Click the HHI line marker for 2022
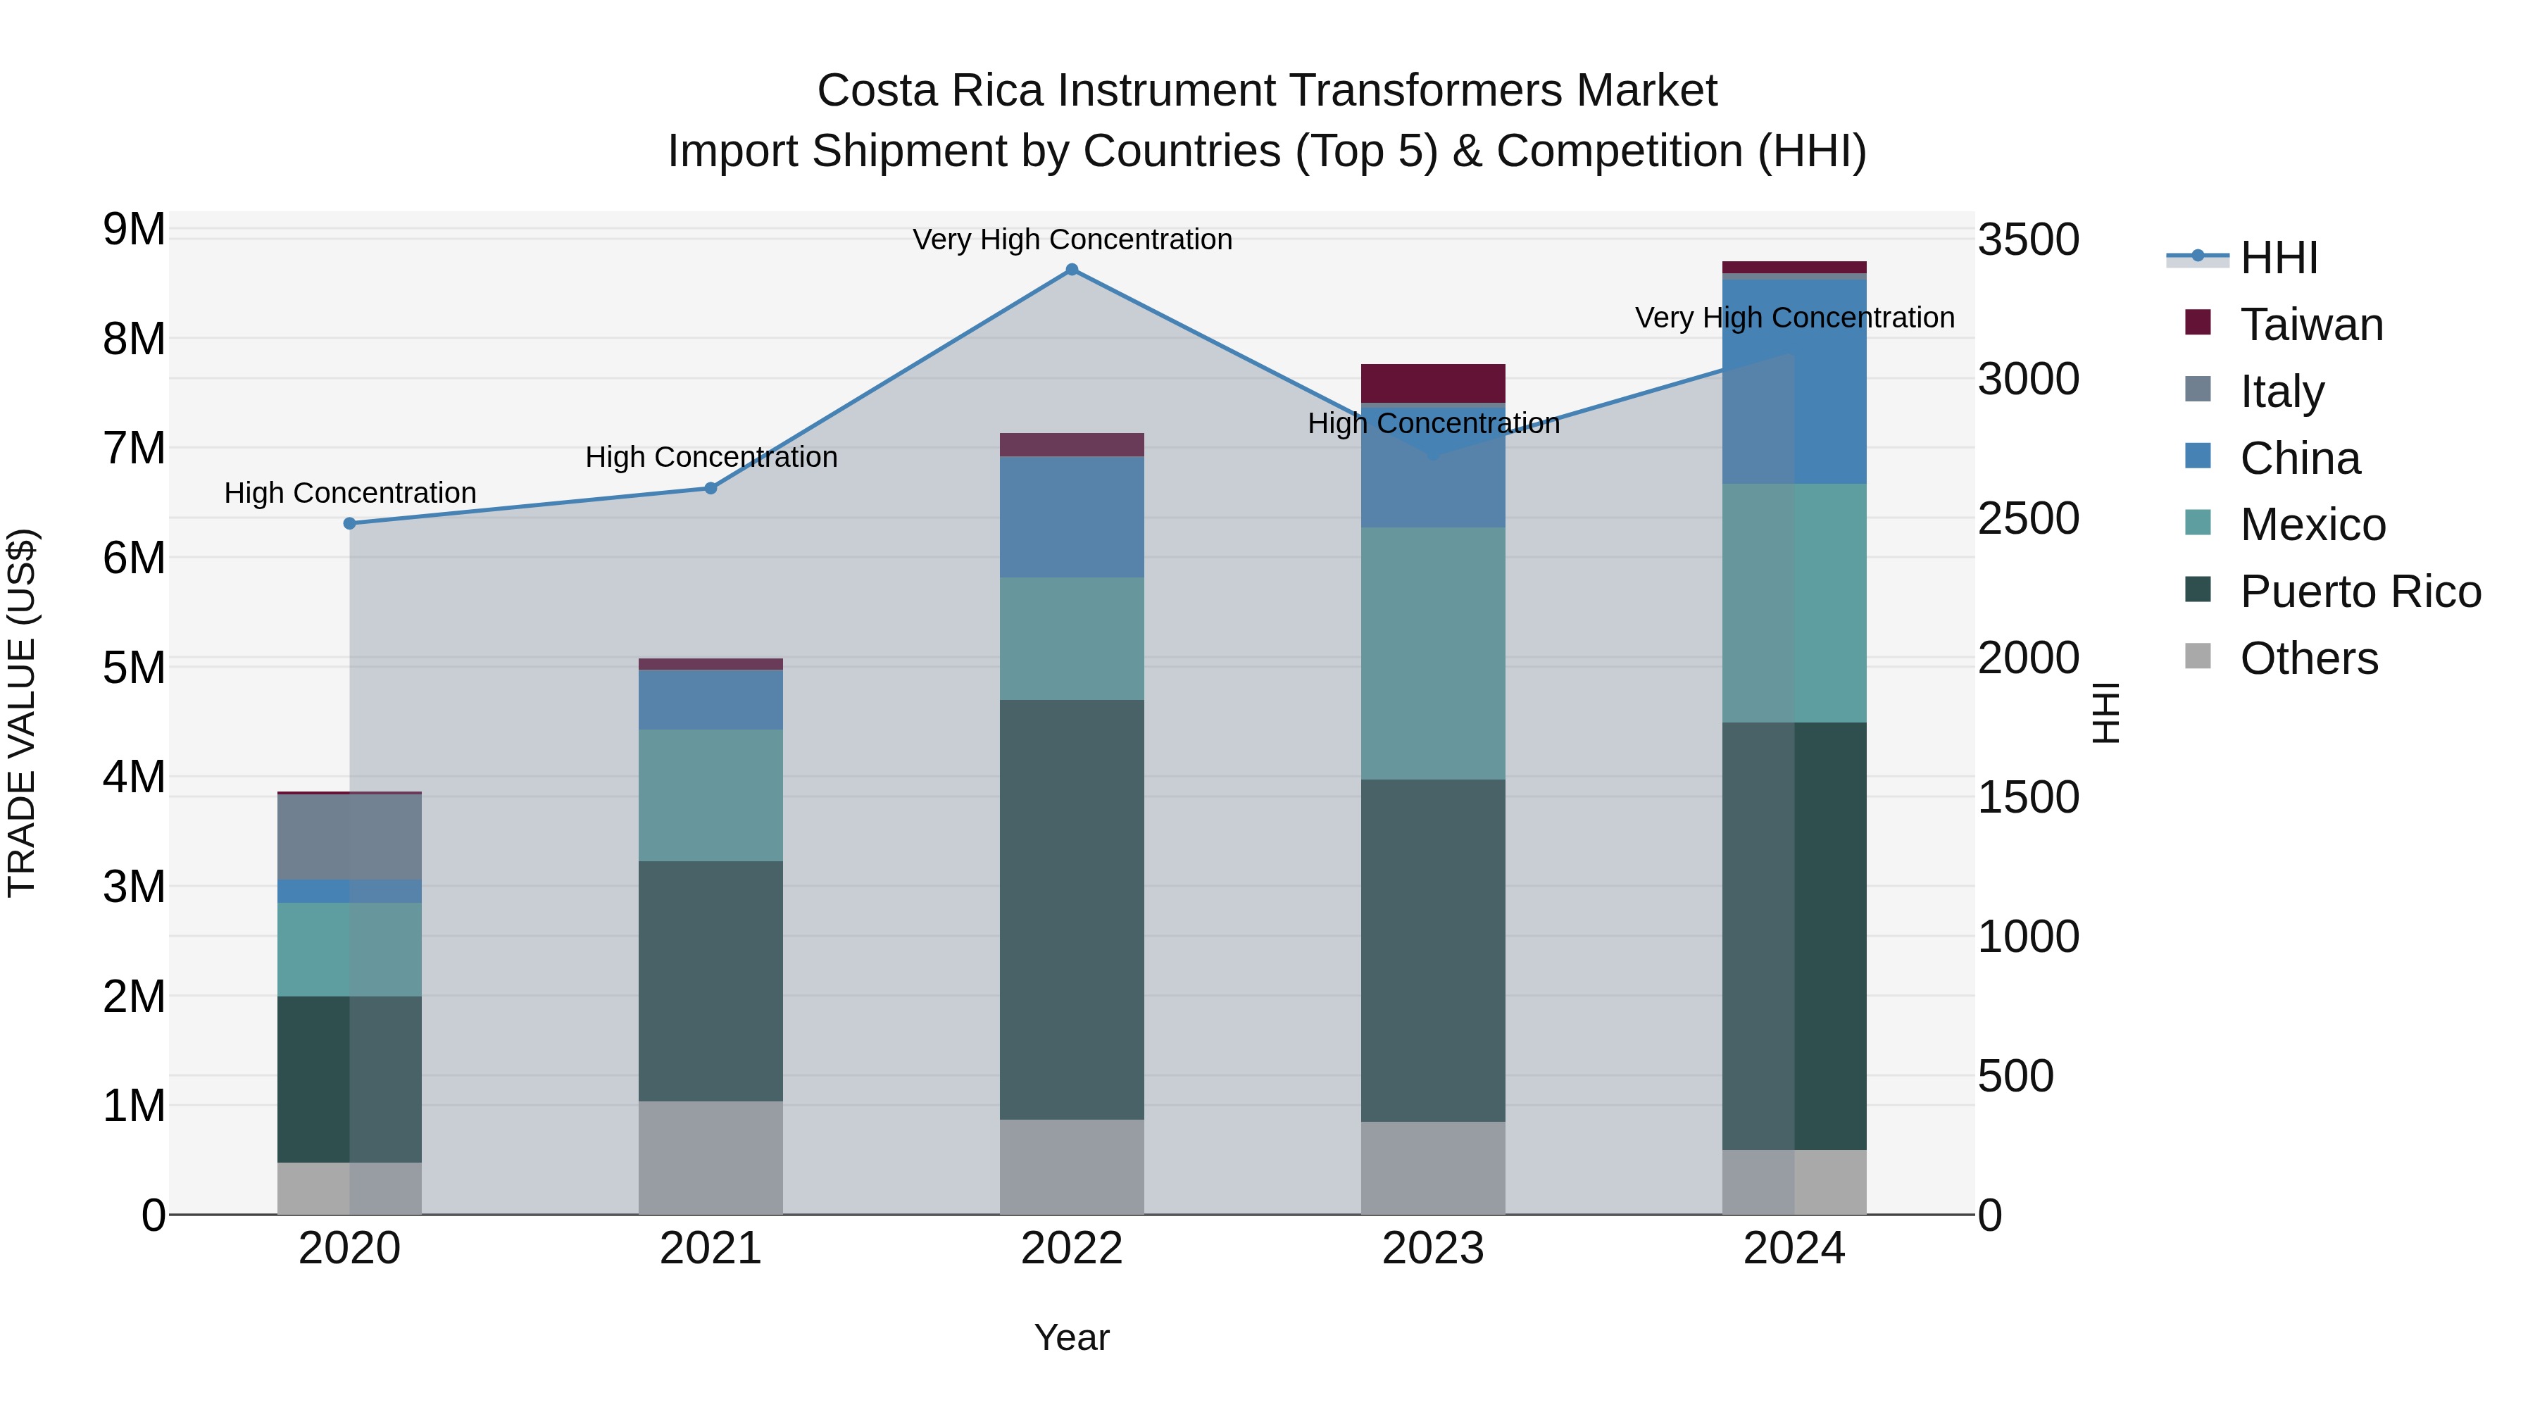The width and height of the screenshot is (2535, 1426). click(x=1072, y=270)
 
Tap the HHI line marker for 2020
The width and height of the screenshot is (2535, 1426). click(x=349, y=523)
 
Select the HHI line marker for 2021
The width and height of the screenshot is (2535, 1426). click(x=711, y=488)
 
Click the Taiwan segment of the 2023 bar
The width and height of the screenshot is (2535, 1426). click(x=1433, y=383)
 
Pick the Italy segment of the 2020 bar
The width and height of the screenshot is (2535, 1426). click(x=349, y=837)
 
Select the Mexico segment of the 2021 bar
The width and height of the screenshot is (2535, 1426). click(x=711, y=795)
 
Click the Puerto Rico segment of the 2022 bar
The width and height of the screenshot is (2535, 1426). click(x=1072, y=909)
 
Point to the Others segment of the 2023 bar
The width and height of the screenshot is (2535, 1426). click(x=1433, y=1168)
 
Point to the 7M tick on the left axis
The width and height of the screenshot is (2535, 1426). click(x=134, y=449)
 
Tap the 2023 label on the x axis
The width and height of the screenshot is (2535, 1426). click(x=1433, y=1249)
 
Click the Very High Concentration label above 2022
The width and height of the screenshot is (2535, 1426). click(x=1072, y=239)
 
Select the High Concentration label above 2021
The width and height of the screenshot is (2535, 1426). click(x=711, y=458)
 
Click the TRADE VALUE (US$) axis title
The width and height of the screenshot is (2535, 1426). click(x=22, y=713)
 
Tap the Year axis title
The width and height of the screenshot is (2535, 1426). click(x=1072, y=1337)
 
